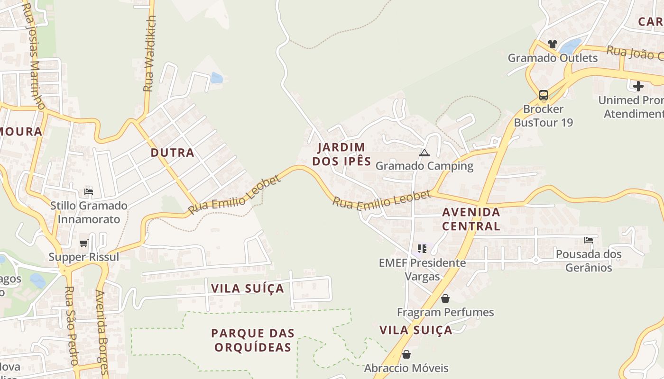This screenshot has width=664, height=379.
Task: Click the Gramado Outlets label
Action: click(x=553, y=58)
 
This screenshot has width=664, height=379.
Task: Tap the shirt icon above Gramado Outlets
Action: click(x=552, y=44)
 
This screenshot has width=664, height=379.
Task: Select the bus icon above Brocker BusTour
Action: click(x=544, y=95)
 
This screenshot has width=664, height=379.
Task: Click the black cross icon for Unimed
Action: click(x=638, y=86)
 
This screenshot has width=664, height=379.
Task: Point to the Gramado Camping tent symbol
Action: click(x=424, y=153)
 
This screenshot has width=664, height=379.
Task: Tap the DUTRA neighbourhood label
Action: click(x=173, y=153)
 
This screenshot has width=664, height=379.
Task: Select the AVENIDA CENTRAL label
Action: click(x=471, y=219)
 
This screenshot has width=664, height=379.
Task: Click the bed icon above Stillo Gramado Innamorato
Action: click(x=89, y=192)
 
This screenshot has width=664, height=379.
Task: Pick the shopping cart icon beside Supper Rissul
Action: click(x=84, y=243)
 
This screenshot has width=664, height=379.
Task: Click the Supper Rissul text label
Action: click(x=84, y=257)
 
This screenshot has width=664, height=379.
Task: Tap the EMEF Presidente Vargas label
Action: click(x=422, y=269)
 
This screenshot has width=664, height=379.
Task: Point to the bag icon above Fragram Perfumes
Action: click(x=445, y=298)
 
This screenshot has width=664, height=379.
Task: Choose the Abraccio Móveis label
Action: click(x=406, y=368)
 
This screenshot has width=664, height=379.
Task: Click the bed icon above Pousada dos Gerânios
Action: click(x=589, y=240)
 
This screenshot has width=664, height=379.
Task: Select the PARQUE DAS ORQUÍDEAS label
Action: click(x=253, y=340)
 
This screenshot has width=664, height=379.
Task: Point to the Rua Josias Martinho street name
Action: click(x=34, y=56)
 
